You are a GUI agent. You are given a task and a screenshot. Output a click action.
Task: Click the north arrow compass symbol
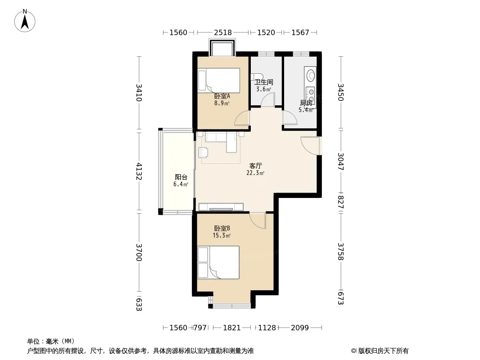pos(25,21)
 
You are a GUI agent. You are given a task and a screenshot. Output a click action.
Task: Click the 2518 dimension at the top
pos(222,32)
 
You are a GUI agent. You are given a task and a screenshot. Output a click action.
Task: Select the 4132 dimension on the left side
pos(139,171)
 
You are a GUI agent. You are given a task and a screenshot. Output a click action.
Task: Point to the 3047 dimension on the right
pos(340,162)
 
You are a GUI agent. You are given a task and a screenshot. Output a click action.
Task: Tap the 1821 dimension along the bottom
pos(232,328)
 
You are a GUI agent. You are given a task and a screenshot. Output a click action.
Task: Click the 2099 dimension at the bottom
pos(300,328)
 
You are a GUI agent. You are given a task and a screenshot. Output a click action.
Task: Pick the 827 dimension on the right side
pos(340,202)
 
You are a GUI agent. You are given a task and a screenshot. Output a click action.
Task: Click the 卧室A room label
pos(222,96)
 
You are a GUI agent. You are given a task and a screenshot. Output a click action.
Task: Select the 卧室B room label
pos(222,229)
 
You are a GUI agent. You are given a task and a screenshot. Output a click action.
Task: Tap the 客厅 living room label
pos(255,166)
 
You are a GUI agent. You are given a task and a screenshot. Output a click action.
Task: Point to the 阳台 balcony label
pos(181,177)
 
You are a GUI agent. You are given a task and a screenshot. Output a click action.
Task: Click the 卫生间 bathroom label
pos(263,82)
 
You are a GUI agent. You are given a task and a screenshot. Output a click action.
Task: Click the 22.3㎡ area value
pos(255,173)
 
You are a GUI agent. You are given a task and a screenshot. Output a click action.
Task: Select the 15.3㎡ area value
pos(222,235)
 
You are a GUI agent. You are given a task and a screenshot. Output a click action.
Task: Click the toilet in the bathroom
pos(256,77)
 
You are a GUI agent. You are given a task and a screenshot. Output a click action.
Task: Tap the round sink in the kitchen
pos(311,75)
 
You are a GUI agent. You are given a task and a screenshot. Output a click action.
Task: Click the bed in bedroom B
pos(218,262)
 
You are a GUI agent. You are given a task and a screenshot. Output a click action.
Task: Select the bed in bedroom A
pos(219,80)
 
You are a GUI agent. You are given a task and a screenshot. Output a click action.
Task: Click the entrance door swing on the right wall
pos(310,146)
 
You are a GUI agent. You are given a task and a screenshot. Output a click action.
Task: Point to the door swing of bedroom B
pos(258,220)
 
